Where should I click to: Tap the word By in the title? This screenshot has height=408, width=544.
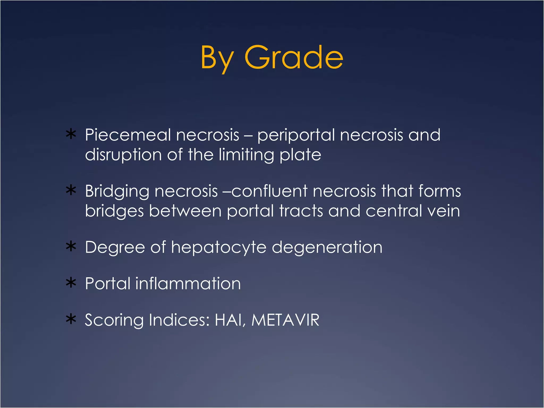point(217,58)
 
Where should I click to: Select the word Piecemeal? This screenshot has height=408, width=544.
point(127,135)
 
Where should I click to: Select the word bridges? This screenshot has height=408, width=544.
point(114,211)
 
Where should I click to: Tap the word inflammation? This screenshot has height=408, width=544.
point(188,283)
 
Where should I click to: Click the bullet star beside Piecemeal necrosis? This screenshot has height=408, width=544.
point(71,134)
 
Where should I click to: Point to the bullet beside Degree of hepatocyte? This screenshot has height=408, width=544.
point(71,246)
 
